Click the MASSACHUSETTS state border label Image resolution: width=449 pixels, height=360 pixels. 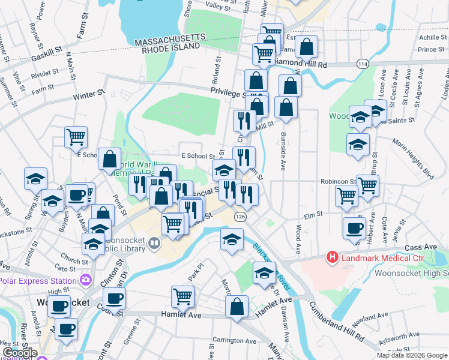[170, 38]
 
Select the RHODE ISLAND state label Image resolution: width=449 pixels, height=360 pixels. [170, 47]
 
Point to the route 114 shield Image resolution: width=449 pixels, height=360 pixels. [362, 64]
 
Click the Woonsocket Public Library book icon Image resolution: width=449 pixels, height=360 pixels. [155, 243]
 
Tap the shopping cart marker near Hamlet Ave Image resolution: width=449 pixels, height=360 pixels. [182, 295]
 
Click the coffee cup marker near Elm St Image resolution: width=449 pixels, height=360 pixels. [354, 227]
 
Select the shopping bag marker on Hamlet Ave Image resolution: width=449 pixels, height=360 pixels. [237, 306]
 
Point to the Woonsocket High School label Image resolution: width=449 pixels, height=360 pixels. [411, 273]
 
